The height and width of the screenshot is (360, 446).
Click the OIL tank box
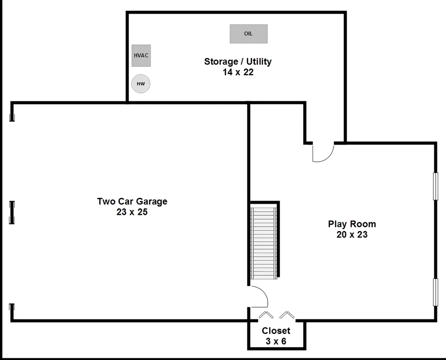249,34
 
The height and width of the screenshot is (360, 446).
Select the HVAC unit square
141,55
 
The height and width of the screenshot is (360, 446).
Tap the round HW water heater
141,84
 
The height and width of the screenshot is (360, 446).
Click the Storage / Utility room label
238,61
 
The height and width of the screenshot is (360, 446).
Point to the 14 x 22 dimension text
238,72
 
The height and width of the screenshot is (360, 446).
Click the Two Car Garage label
132,201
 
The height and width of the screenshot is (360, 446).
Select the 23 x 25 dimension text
132,212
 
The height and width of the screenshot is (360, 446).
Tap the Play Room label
352,224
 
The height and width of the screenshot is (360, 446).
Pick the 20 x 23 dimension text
352,234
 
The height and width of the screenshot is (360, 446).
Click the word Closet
276,331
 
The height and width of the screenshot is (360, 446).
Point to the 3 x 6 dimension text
276,341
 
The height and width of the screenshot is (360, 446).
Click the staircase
264,243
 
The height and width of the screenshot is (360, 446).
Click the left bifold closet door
266,315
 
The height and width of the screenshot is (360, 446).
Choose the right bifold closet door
287,315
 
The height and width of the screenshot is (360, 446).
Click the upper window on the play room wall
435,186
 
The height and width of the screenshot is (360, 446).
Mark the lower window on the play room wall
435,292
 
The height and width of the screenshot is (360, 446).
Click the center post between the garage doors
12,212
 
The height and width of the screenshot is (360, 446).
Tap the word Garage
150,201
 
